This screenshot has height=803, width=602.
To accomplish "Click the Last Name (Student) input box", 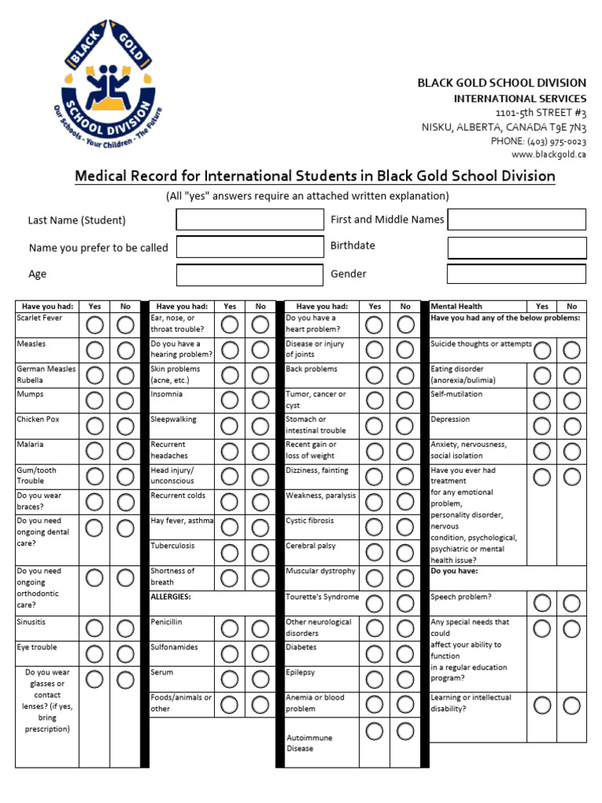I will point(249,220).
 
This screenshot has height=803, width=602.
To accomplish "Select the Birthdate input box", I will point(517,248).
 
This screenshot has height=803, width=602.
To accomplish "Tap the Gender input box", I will point(517,274).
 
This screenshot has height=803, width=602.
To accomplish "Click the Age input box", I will point(249,274).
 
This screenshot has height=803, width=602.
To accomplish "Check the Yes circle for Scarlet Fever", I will point(94,325).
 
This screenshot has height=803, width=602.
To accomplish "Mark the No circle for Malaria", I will point(125,452).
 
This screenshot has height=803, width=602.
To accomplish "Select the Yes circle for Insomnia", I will point(229,401).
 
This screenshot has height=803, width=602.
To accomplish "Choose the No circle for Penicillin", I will point(260,628).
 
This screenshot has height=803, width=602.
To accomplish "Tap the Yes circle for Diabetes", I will point(375,653).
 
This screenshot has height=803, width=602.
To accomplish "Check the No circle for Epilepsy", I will point(404,678).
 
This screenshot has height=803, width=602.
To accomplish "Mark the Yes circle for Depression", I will point(542,426).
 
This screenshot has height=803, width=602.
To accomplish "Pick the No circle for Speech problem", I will point(571,603).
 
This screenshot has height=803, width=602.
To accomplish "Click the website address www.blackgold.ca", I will point(549,154).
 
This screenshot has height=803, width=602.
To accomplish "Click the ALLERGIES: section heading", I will point(171,597).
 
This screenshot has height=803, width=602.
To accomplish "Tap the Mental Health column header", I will point(456,307).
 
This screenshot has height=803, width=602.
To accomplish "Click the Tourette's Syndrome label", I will point(322,597).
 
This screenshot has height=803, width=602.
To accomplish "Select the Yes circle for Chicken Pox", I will point(94,426).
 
